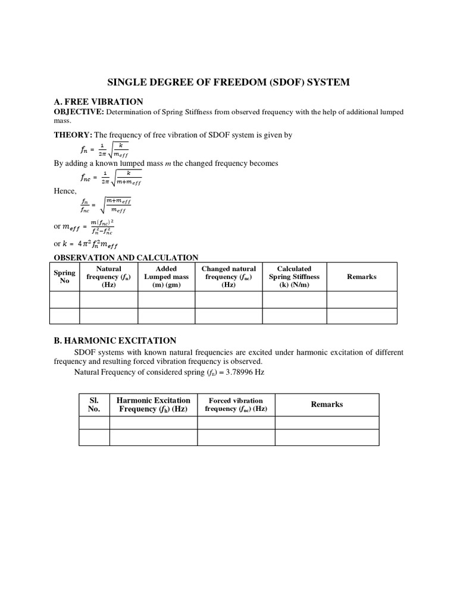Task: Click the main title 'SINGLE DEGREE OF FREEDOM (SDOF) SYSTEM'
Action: [x=228, y=83]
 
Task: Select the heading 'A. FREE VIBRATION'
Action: [x=99, y=102]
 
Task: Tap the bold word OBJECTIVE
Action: [x=79, y=111]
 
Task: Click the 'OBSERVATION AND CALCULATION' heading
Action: [x=126, y=258]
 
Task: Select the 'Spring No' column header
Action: [x=65, y=277]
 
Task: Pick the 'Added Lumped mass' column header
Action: [x=166, y=277]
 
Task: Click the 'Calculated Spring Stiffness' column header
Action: [x=294, y=277]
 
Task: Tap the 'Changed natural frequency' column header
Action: [x=228, y=277]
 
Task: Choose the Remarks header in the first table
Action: [x=362, y=277]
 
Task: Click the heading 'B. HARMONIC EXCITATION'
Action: [x=115, y=341]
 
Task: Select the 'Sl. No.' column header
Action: [x=94, y=404]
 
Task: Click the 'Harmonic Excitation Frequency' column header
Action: [x=154, y=404]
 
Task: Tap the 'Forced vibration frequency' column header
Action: [x=236, y=404]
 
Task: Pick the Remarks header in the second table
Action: [x=327, y=404]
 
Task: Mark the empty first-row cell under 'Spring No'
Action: [x=65, y=299]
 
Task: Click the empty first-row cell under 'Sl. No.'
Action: [x=94, y=423]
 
